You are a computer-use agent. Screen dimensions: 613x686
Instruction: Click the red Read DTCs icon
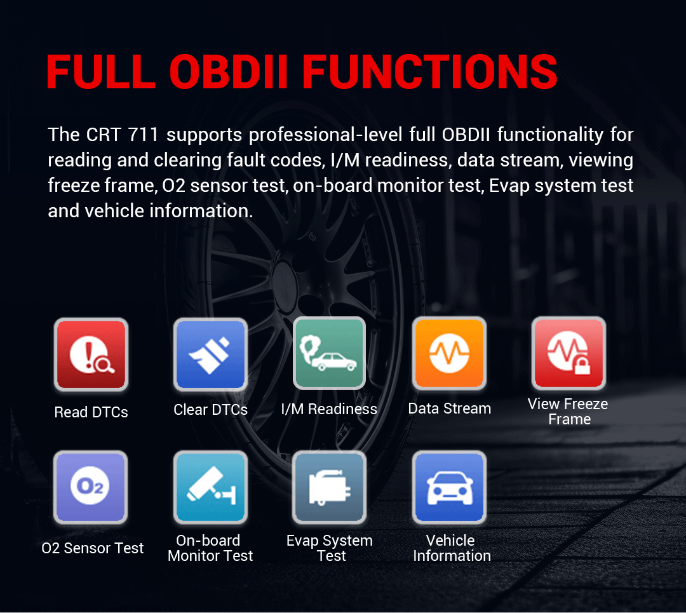[91, 354]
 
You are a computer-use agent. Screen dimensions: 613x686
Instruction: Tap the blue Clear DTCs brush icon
[210, 354]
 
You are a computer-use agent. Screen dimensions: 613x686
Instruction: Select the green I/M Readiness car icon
[329, 353]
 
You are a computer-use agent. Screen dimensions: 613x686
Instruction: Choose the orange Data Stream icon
[449, 353]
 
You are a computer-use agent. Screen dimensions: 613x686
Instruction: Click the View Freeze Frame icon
[568, 353]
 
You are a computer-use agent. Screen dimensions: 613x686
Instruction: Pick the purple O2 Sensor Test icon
[91, 487]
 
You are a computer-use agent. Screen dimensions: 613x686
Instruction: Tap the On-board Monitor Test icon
[210, 487]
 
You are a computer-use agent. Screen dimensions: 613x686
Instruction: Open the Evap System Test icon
[329, 487]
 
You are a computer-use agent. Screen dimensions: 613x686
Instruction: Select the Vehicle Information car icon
[449, 487]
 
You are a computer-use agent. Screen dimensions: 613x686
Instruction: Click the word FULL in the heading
[100, 72]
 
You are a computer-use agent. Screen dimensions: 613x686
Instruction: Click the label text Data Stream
[450, 408]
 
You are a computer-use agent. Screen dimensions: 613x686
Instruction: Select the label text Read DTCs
[91, 412]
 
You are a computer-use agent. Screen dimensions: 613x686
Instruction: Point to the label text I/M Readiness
[329, 409]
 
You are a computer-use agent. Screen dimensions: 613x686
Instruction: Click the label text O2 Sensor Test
[93, 548]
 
